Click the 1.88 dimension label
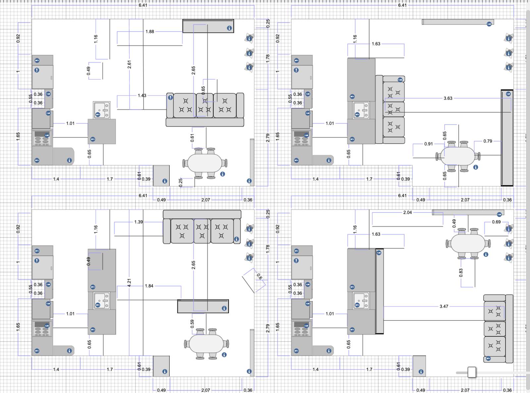pyautogui.click(x=150, y=31)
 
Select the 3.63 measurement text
pyautogui.click(x=448, y=98)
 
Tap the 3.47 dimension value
pyautogui.click(x=444, y=306)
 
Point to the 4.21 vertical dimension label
pyautogui.click(x=129, y=283)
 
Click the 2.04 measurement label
pyautogui.click(x=407, y=212)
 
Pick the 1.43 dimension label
pyautogui.click(x=142, y=95)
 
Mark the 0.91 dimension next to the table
pyautogui.click(x=428, y=144)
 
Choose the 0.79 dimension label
pyautogui.click(x=488, y=141)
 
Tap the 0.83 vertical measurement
pyautogui.click(x=461, y=273)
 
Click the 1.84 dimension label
pyautogui.click(x=149, y=286)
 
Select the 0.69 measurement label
pyautogui.click(x=496, y=222)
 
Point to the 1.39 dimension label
pyautogui.click(x=138, y=222)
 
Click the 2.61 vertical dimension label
pyautogui.click(x=129, y=65)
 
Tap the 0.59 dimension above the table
pyautogui.click(x=192, y=324)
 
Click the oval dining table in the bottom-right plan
pyautogui.click(x=468, y=243)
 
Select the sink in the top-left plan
pyautogui.click(x=102, y=110)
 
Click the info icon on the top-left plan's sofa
pyautogui.click(x=170, y=97)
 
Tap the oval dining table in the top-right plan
pyautogui.click(x=457, y=156)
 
